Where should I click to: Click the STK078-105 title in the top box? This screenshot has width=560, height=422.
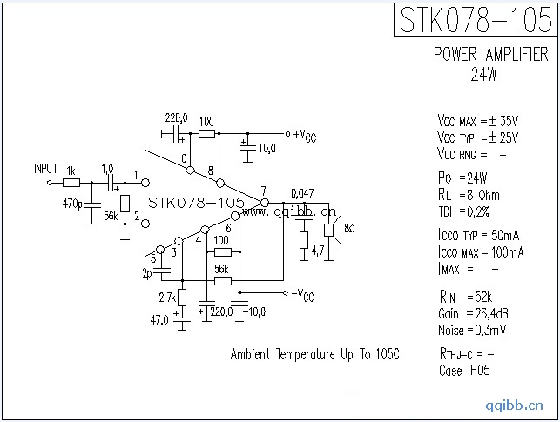(475, 19)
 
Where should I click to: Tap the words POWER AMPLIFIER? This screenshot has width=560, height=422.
(491, 55)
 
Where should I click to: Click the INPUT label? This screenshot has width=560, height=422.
(45, 169)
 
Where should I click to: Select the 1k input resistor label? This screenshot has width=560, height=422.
(71, 171)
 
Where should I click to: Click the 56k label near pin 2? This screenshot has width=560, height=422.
(111, 215)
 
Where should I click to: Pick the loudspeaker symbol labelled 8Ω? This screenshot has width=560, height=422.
(331, 229)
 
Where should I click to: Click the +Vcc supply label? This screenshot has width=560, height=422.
(304, 135)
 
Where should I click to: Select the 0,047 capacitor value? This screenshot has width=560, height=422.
(302, 193)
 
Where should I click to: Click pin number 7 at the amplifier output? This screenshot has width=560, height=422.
(263, 191)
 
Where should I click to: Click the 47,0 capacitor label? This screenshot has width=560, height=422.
(160, 320)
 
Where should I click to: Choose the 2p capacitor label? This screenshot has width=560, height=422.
(146, 274)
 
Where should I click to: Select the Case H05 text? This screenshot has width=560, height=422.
(464, 371)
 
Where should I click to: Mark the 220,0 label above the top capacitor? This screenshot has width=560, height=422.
(176, 117)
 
